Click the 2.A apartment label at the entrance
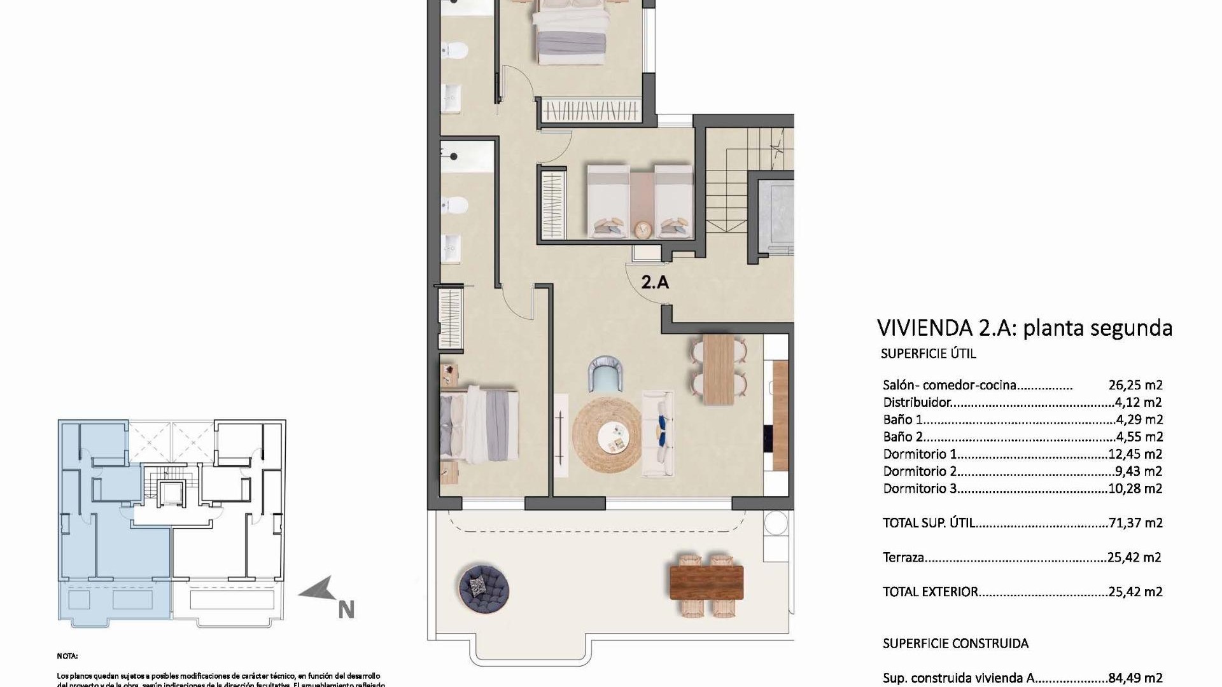[655, 282]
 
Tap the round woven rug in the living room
[607, 434]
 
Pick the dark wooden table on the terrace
[706, 583]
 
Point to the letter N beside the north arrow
[346, 610]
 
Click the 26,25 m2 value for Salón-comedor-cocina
[1135, 385]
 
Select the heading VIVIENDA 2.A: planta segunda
[1024, 328]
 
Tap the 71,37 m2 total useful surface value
[1135, 523]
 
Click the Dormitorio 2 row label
[920, 471]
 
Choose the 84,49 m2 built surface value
[1135, 678]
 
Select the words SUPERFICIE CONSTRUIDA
[955, 644]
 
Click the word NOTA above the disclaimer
[67, 656]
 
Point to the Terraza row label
[903, 558]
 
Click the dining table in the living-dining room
[719, 370]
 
